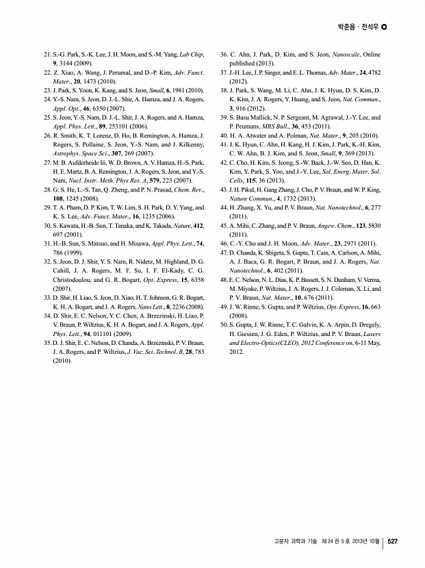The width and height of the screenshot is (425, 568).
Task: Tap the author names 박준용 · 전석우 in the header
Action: pyautogui.click(x=358, y=27)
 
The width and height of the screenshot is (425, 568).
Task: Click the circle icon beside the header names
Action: pyautogui.click(x=384, y=27)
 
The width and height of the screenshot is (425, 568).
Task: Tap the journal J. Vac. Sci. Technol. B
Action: pyautogui.click(x=152, y=351)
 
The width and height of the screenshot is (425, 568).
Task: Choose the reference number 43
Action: pyautogui.click(x=223, y=189)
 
